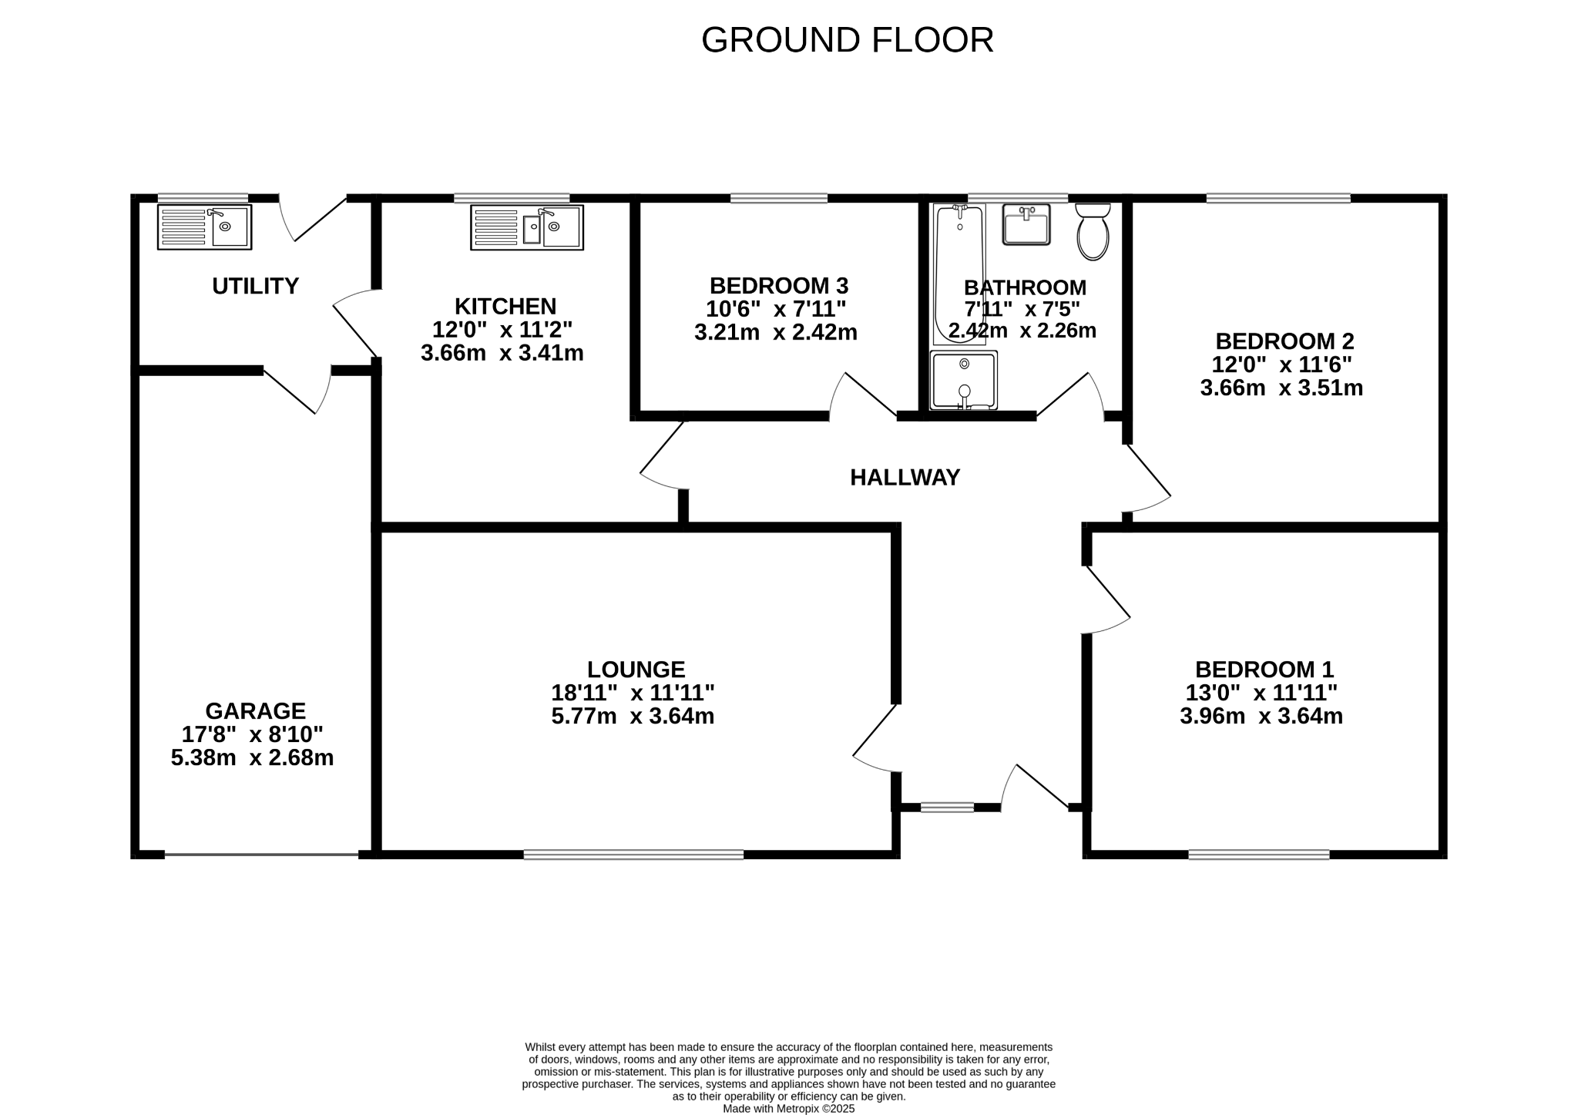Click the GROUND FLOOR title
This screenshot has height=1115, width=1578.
point(847,40)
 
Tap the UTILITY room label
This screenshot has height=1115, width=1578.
point(255,286)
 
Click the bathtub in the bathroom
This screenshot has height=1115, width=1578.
point(958,274)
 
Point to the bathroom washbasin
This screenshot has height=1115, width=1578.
point(1026,224)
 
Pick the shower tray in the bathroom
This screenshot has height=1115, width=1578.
point(963,381)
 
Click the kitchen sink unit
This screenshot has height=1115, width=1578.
point(527,227)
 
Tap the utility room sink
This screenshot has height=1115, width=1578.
point(204,227)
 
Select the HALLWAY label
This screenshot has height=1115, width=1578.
point(905,478)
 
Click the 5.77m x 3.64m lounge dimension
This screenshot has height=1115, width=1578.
point(632,717)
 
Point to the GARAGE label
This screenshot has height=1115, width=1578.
point(255,710)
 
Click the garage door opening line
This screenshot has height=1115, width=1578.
point(261,854)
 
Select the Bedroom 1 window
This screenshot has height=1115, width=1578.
point(1258,854)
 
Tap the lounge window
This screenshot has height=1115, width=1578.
point(633,854)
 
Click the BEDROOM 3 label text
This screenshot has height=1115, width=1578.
point(778,286)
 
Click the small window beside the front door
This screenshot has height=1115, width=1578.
point(947,807)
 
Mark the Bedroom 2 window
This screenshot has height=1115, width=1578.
point(1278,198)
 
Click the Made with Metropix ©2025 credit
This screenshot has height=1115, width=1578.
point(788,1108)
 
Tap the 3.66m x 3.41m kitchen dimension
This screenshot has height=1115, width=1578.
point(502,354)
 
